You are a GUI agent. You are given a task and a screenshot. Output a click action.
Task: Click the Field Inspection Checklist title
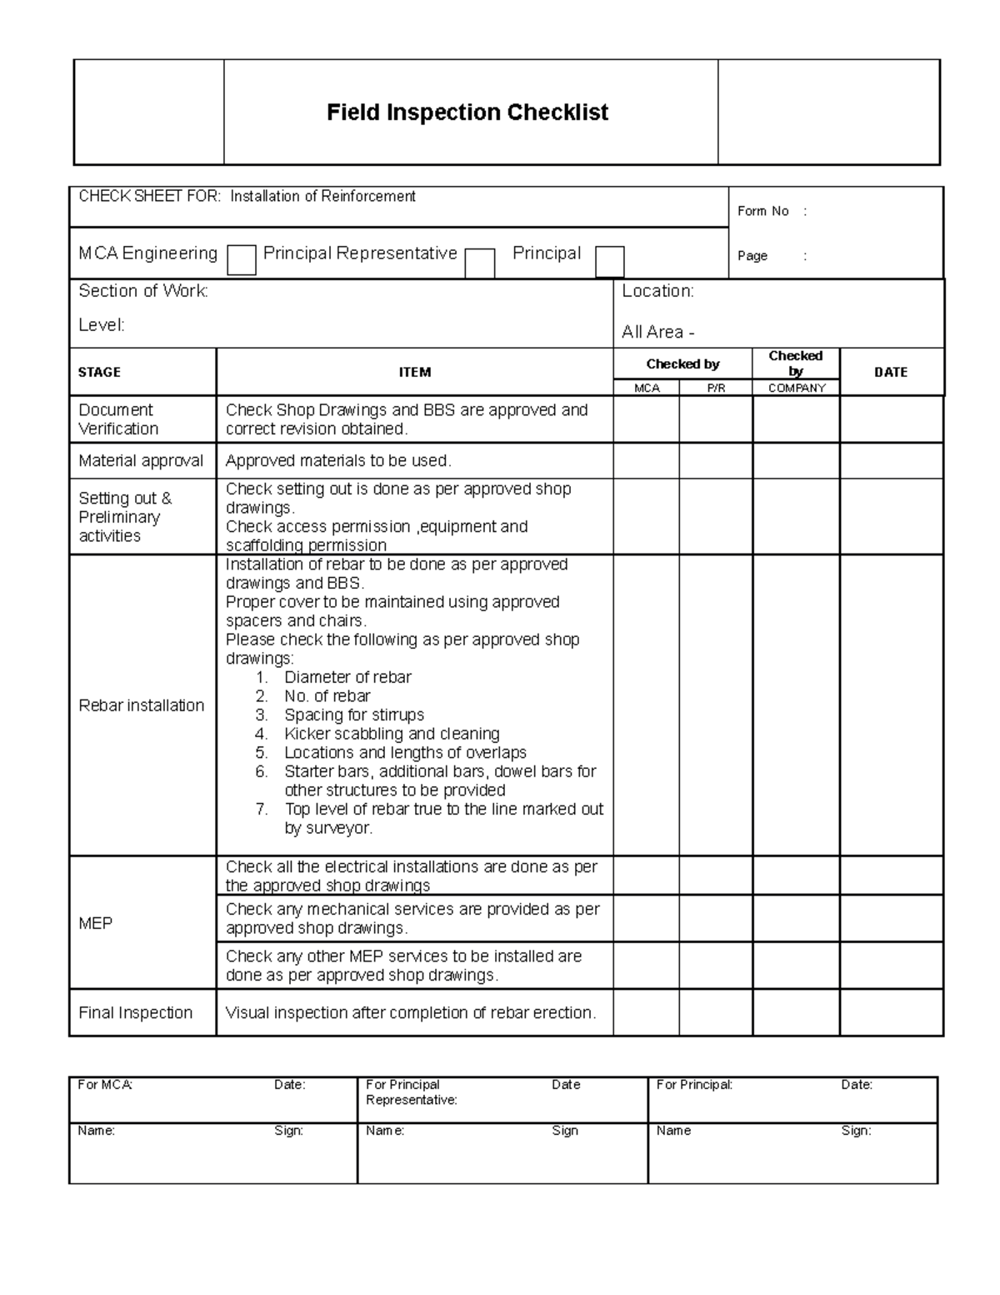467,113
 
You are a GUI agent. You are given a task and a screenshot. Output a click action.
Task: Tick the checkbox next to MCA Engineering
242,260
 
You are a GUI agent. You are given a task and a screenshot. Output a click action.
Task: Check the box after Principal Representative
479,263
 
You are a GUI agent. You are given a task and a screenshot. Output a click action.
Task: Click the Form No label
762,211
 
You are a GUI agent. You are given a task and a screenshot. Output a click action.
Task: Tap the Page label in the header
752,256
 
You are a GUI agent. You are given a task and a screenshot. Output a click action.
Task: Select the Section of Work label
143,291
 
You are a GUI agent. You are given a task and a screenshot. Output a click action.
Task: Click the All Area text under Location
657,332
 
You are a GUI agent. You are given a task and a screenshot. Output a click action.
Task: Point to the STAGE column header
99,372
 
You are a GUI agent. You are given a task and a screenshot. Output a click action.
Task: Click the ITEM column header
414,372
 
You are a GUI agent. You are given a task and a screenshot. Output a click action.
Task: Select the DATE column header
890,372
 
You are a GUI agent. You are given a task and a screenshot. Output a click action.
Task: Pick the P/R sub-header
716,388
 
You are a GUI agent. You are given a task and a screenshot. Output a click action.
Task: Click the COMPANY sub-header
797,388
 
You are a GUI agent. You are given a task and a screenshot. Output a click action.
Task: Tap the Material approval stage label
141,460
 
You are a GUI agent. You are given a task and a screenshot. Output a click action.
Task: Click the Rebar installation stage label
141,705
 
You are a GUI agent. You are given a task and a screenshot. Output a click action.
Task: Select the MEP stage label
95,923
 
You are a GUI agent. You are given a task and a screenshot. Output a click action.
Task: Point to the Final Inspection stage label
135,1012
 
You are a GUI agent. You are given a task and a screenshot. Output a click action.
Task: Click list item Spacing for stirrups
353,715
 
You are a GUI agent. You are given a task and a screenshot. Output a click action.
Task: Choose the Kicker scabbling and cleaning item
392,734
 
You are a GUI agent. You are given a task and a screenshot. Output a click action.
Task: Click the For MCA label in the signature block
105,1085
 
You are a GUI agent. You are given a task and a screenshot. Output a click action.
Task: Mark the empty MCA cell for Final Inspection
647,1012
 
